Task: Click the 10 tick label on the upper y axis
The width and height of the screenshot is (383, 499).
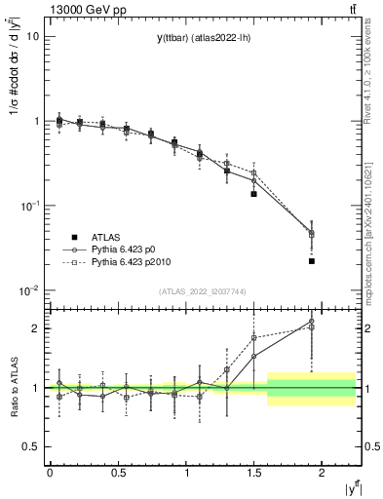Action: (32, 36)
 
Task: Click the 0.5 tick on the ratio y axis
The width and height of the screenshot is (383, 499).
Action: (29, 446)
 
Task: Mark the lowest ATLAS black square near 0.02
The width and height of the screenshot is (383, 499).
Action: (312, 261)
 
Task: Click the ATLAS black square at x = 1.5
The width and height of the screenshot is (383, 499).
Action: (253, 194)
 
